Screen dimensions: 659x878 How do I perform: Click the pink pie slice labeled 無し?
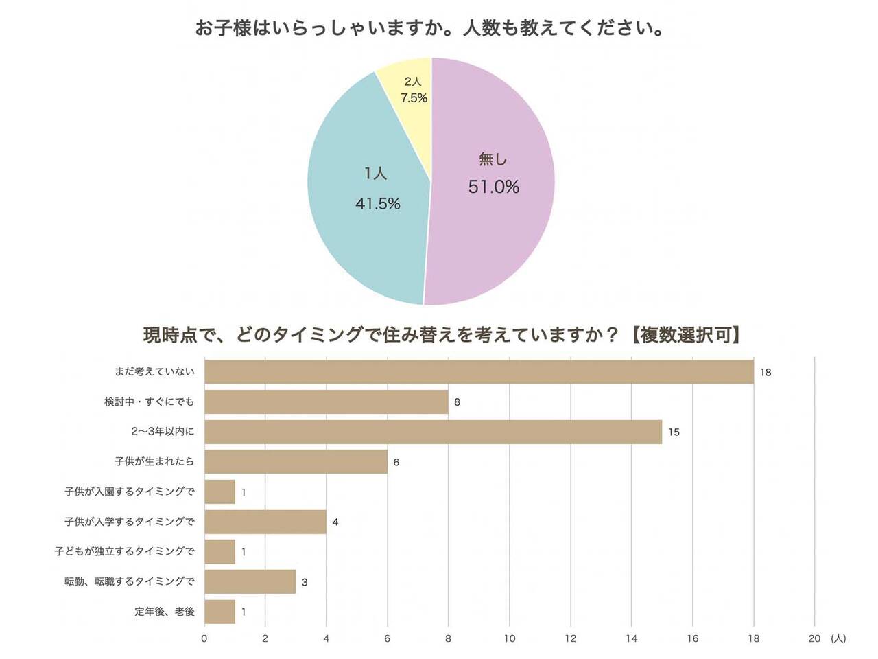494,227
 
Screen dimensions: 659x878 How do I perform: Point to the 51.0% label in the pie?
494,187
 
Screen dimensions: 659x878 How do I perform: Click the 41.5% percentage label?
378,203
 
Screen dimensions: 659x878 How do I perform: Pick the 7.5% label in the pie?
414,98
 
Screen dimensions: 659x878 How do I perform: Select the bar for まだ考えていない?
479,371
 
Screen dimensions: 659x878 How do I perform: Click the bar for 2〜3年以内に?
433,432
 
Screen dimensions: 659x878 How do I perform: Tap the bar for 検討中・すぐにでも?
327,402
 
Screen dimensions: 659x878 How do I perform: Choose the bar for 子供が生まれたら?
296,462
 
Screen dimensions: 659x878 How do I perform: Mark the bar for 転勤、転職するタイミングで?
250,581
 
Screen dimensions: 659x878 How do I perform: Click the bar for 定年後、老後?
219,612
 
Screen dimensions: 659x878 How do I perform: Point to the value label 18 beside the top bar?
766,372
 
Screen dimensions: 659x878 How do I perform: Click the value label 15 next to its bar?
674,432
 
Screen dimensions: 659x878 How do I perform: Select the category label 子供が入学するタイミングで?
130,522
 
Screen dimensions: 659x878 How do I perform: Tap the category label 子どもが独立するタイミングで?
125,551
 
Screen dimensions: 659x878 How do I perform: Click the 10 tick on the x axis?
510,638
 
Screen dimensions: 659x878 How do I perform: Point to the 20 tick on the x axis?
814,638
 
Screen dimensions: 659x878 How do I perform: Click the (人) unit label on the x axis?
838,638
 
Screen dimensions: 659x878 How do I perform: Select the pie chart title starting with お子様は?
429,29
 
